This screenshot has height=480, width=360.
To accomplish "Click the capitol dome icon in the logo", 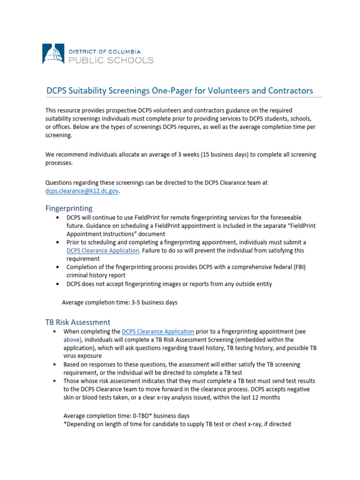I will click(x=52, y=54).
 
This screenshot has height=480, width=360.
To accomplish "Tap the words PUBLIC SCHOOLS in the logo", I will click(x=111, y=60).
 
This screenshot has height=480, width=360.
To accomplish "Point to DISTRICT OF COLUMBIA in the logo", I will click(x=104, y=51).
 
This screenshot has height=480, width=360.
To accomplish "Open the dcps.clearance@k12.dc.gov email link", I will click(x=82, y=191).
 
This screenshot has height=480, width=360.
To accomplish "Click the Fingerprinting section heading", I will click(x=68, y=208).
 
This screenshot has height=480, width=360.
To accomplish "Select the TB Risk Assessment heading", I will click(x=77, y=322).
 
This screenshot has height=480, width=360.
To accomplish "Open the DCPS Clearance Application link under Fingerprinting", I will click(x=103, y=250).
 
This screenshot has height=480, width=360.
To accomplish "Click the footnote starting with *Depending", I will click(x=177, y=424).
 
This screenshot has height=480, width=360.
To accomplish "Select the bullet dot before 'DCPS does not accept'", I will click(x=57, y=284).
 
